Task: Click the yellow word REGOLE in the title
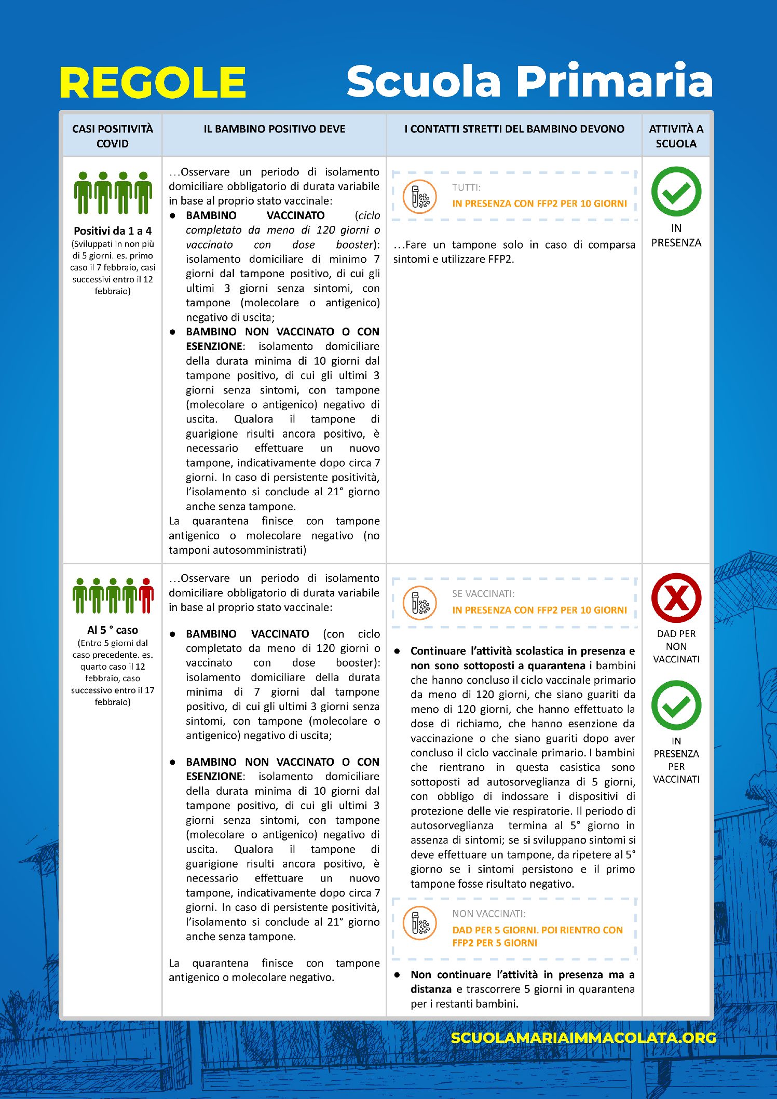[153, 83]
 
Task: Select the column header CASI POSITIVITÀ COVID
[113, 136]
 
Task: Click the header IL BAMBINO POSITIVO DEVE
[274, 129]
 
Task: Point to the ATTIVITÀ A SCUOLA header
[676, 136]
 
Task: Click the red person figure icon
[146, 595]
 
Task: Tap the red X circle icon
[676, 598]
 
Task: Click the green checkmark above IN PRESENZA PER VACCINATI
[676, 705]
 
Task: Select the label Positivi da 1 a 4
[113, 231]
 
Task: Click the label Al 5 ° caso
[113, 630]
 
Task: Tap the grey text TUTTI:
[466, 187]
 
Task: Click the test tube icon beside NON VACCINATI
[420, 923]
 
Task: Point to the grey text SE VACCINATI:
[483, 594]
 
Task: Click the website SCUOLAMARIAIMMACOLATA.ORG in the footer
[583, 1038]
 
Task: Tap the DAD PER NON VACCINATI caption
[676, 646]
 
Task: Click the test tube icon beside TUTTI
[420, 197]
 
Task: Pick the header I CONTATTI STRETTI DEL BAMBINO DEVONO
[514, 129]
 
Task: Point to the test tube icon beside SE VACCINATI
[420, 603]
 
